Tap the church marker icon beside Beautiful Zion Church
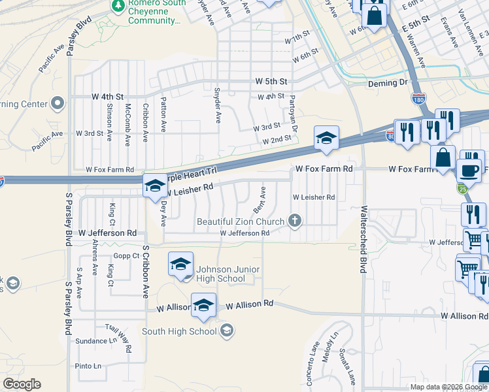pos(295,221)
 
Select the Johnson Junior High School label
pos(228,274)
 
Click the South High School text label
pos(179,331)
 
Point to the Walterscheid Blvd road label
pos(363,241)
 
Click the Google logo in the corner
pos(22,384)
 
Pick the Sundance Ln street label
pos(95,341)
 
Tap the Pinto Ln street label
pos(88,366)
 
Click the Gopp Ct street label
pos(126,256)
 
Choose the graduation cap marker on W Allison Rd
pos(204,305)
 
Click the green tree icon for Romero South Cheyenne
pos(118,7)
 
